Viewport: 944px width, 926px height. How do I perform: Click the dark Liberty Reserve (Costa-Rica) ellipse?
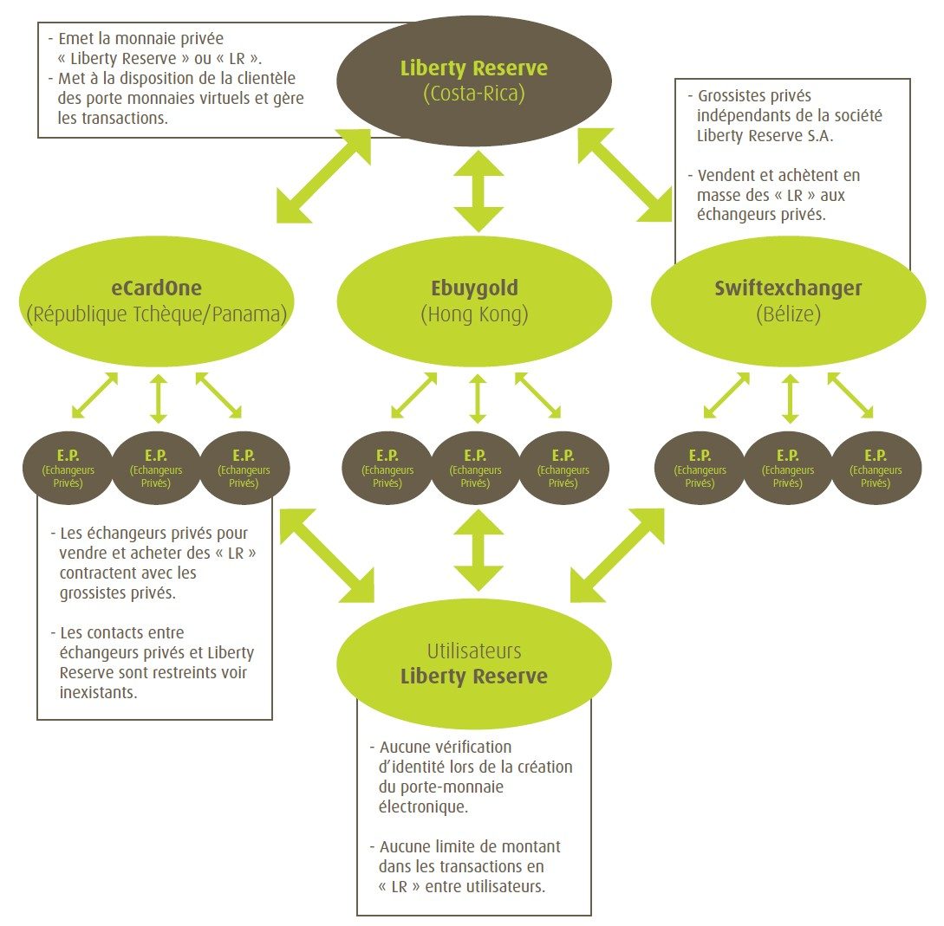[473, 80]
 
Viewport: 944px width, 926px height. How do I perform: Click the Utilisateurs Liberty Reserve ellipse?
[473, 664]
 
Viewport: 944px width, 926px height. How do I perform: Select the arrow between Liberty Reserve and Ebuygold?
[478, 191]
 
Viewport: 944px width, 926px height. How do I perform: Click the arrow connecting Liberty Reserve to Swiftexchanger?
[624, 173]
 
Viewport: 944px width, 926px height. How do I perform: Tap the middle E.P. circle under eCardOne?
[156, 468]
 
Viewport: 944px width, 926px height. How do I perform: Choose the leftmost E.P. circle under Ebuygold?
[387, 468]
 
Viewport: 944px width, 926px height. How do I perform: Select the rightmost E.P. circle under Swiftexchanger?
[876, 468]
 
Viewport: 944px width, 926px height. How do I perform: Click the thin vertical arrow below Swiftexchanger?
[789, 398]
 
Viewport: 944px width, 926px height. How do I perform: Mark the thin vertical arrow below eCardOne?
[157, 398]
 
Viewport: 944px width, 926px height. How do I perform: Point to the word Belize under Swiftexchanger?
[788, 314]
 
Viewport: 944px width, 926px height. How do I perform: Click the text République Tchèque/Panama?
[156, 314]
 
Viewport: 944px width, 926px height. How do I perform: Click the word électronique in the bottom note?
[420, 807]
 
